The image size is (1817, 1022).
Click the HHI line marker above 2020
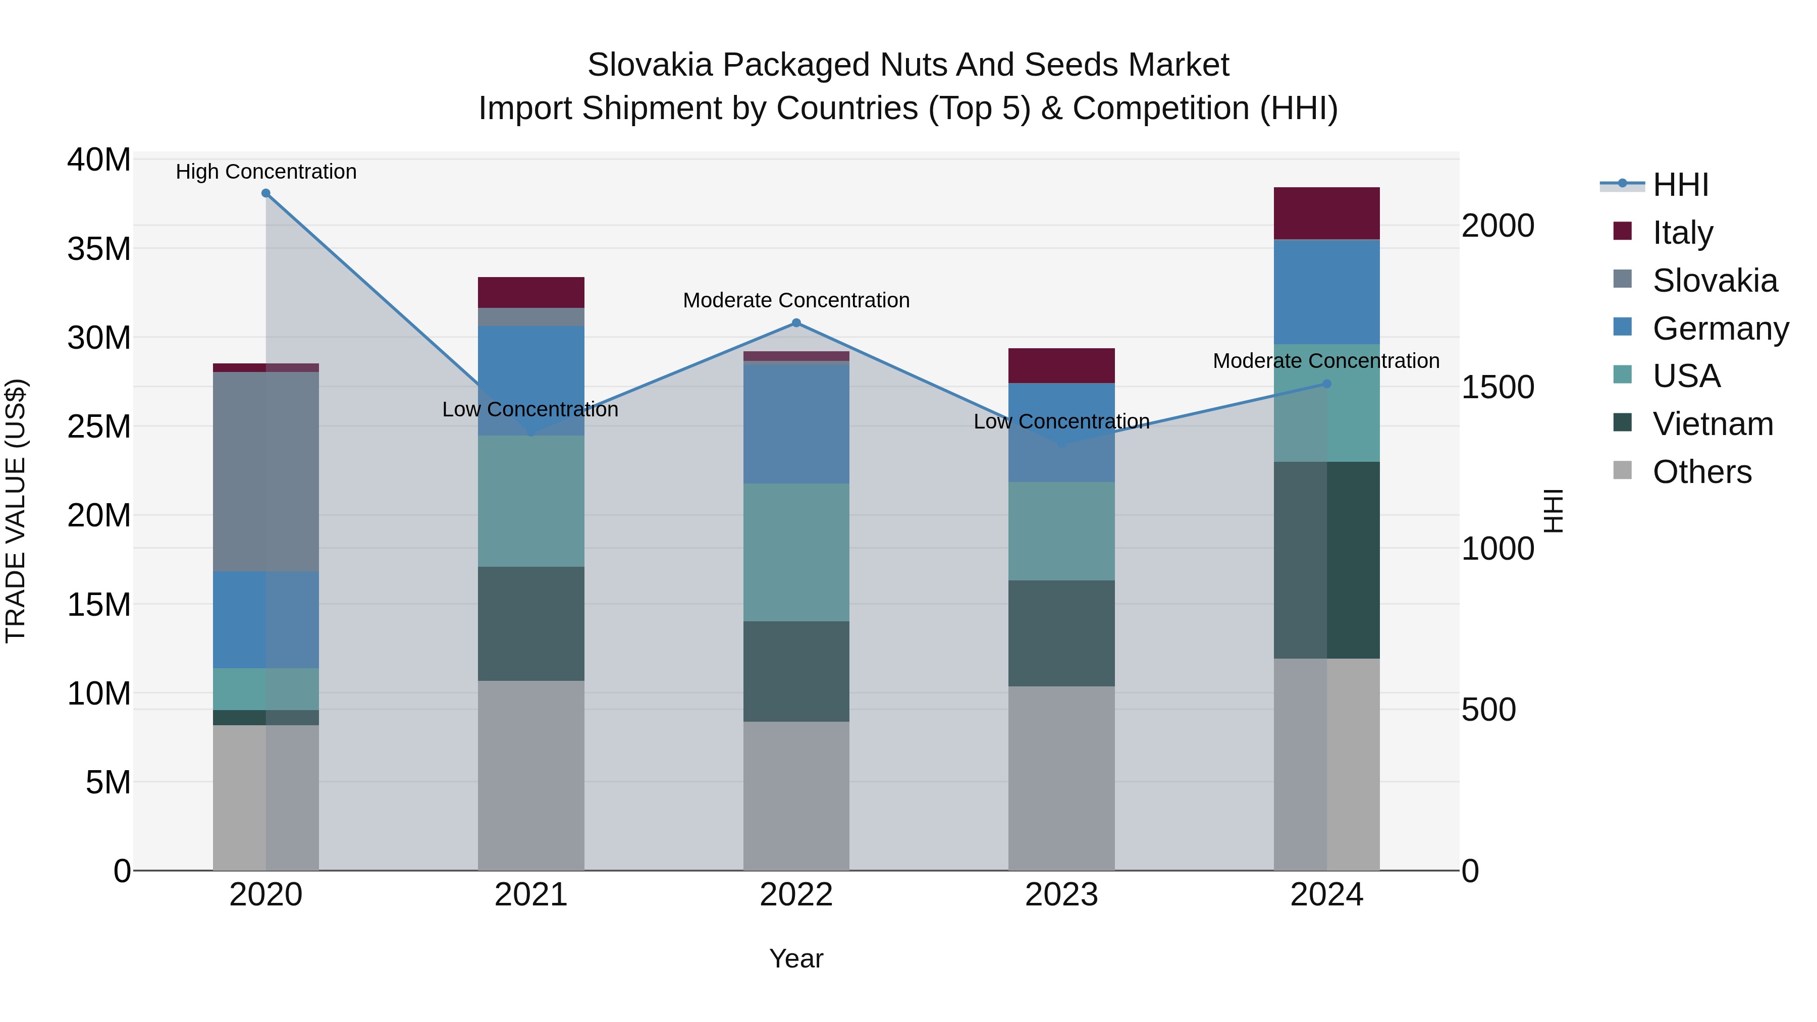click(x=266, y=193)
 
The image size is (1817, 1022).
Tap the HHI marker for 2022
click(x=796, y=323)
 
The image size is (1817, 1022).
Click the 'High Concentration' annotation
click(x=266, y=172)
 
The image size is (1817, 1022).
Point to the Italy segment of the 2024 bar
click(x=1326, y=213)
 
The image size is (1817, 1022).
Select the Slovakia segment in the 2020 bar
click(x=266, y=471)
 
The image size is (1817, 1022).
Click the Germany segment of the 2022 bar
click(x=796, y=423)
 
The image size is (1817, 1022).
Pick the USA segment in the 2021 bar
click(x=531, y=501)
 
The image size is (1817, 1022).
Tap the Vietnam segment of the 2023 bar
click(x=1061, y=633)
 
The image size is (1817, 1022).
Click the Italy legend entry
click(x=1682, y=232)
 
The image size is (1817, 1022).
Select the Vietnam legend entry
click(x=1712, y=424)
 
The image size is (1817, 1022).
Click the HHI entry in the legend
click(x=1680, y=185)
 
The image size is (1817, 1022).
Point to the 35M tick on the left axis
click(x=99, y=249)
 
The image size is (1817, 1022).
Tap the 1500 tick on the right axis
click(x=1498, y=387)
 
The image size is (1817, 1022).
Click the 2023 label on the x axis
click(x=1061, y=895)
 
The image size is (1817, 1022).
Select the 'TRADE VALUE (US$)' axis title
click(x=16, y=511)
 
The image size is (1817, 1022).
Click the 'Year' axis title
click(x=796, y=958)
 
